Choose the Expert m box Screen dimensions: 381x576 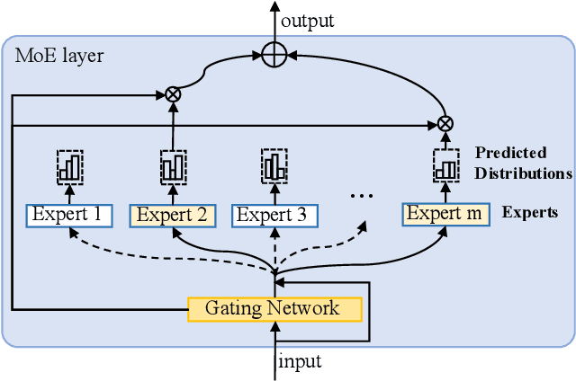(x=445, y=214)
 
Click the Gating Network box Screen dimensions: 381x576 (x=274, y=309)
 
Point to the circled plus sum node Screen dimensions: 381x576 (x=274, y=56)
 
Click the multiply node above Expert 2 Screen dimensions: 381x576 (x=172, y=93)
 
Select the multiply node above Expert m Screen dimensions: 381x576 (x=445, y=123)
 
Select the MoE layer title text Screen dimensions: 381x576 (x=59, y=56)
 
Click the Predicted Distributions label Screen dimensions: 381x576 (x=523, y=163)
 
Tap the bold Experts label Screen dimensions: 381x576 (x=530, y=213)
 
